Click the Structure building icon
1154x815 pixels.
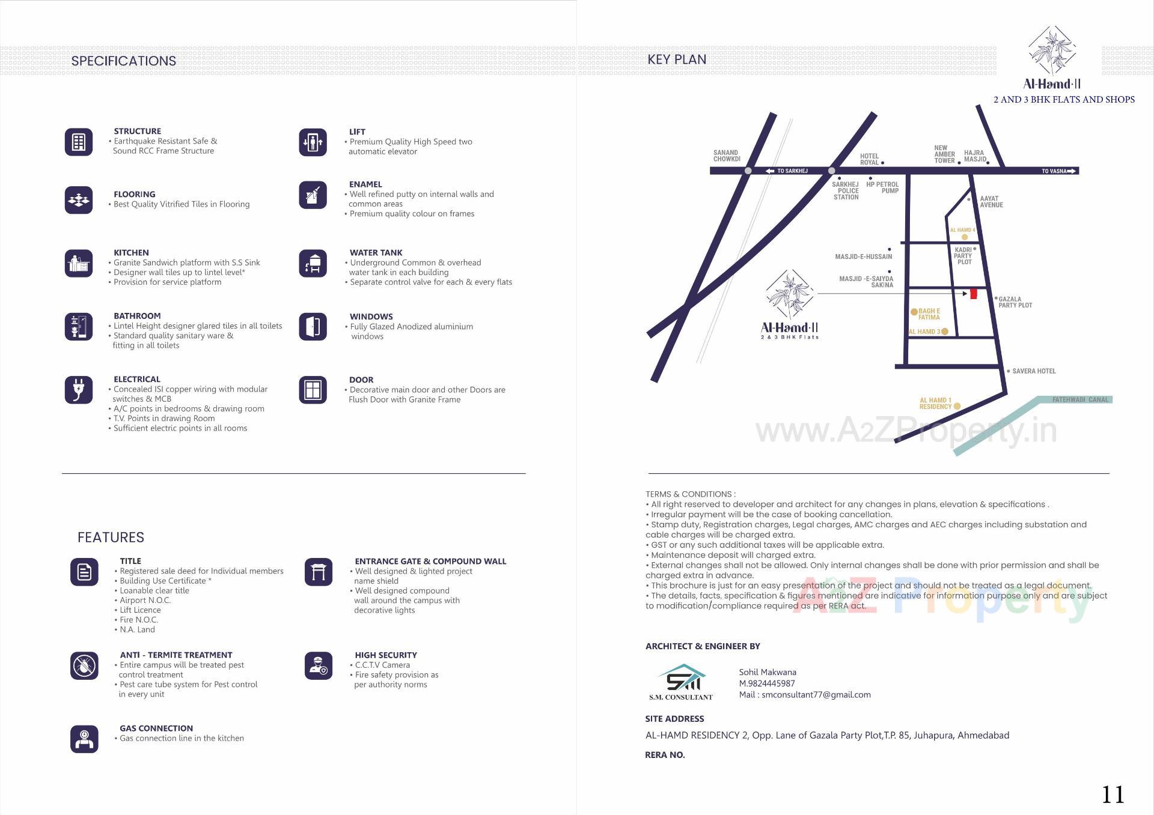point(79,142)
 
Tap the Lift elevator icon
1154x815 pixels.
point(313,142)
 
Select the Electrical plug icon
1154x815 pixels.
point(79,390)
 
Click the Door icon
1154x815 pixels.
point(313,390)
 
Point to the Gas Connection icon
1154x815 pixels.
point(84,739)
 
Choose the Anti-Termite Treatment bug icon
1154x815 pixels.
point(84,665)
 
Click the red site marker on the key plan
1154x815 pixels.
point(974,294)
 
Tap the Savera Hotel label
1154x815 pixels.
point(1034,371)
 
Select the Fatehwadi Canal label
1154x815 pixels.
point(1080,399)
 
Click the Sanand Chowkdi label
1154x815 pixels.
point(726,156)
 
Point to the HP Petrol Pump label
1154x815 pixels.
point(882,187)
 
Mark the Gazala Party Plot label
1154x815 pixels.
point(1015,302)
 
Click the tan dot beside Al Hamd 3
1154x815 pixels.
point(945,332)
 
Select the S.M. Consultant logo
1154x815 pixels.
point(682,682)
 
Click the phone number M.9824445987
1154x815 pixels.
point(767,683)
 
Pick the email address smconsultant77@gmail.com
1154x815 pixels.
point(816,695)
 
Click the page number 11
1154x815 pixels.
point(1113,795)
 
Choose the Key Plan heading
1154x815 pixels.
point(677,59)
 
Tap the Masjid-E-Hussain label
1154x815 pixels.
point(863,256)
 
